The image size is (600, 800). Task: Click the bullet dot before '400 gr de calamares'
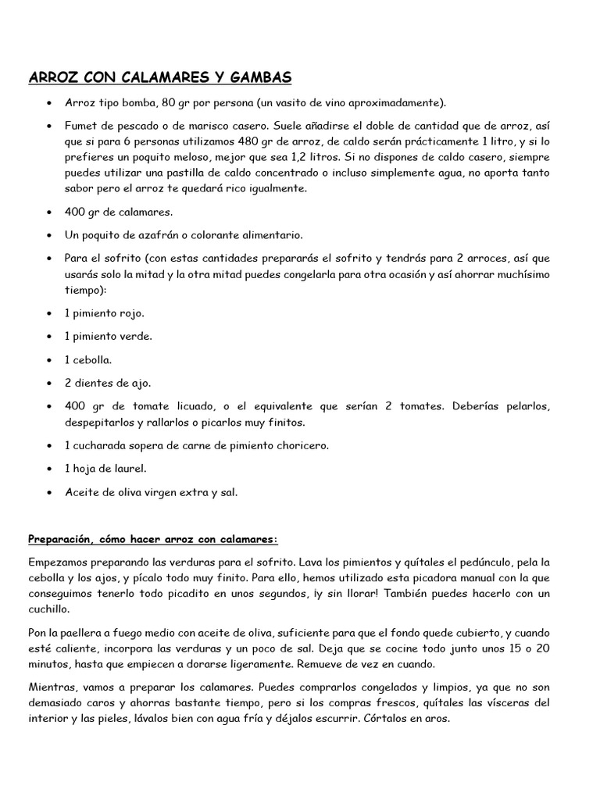point(49,212)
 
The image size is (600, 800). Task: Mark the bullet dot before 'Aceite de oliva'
point(49,492)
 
